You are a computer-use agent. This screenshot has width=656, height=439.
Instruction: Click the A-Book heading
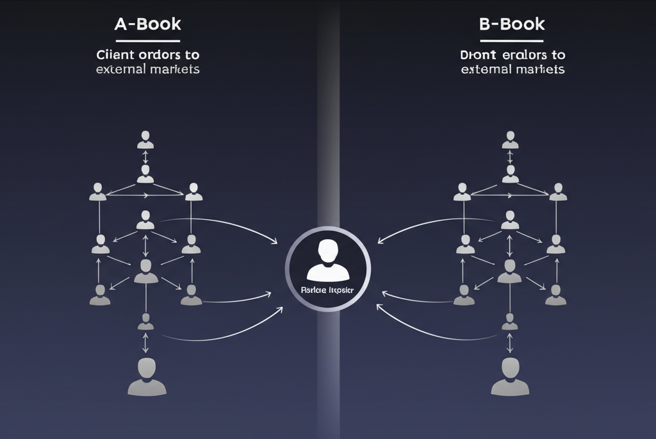click(147, 24)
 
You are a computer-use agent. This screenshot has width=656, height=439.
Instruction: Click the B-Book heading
click(512, 24)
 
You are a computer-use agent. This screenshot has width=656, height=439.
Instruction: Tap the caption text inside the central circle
click(328, 290)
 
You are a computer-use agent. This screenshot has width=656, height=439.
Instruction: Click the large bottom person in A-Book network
click(147, 376)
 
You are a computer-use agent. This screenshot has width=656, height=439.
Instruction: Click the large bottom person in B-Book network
click(511, 376)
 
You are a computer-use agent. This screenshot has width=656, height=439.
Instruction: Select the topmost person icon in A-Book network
click(146, 139)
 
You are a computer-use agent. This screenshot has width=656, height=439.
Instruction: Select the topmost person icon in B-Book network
click(511, 139)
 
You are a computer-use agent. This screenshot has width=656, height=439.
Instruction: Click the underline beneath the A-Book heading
click(147, 41)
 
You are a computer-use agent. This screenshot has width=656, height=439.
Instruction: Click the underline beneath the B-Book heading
click(512, 41)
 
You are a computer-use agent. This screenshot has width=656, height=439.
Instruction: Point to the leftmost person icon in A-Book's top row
click(98, 192)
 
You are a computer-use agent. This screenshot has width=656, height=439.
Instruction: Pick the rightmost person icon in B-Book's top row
click(559, 192)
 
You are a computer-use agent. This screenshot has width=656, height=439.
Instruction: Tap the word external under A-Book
click(120, 69)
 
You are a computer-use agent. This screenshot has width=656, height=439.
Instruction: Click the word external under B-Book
click(486, 69)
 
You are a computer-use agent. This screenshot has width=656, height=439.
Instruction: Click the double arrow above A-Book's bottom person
click(146, 343)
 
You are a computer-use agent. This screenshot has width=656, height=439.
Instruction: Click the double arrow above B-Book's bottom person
click(511, 343)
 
